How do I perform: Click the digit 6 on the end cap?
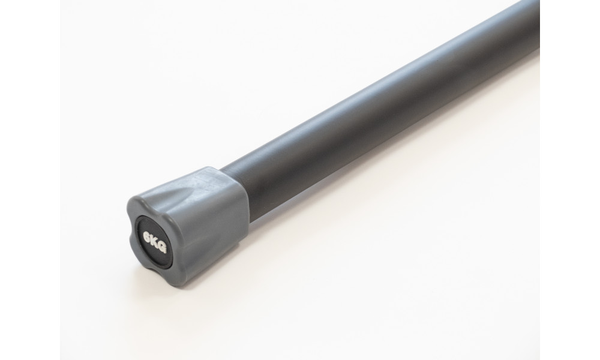pyautogui.click(x=146, y=237)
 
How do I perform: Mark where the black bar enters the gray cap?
pyautogui.click(x=235, y=193)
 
